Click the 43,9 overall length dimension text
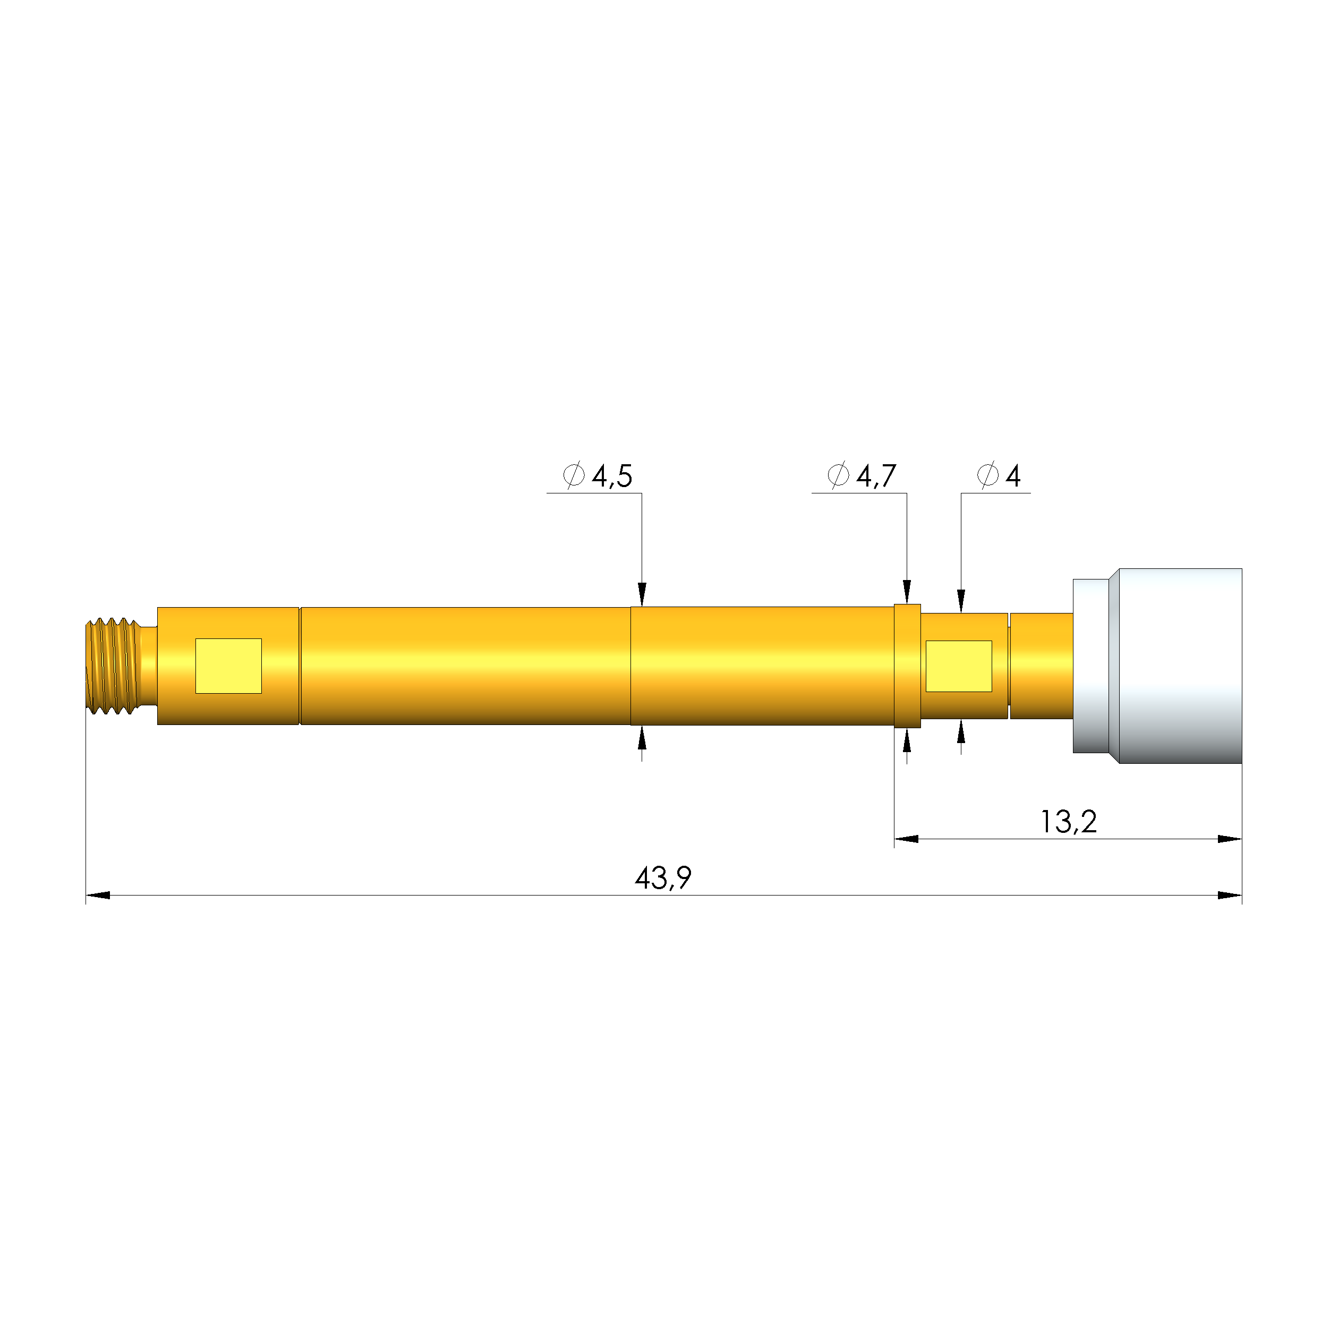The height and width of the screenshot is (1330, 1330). pos(663,877)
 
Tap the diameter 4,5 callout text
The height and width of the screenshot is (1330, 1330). pos(598,476)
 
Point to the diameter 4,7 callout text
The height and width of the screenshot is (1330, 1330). pos(862,476)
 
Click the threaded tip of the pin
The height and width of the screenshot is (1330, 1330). pos(114,666)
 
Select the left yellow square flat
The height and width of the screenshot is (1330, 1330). pos(228,666)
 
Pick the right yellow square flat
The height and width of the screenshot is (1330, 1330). pos(959,666)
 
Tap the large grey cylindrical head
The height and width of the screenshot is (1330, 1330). pos(1181,666)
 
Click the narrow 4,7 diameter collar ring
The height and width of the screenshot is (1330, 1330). pos(907,666)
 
